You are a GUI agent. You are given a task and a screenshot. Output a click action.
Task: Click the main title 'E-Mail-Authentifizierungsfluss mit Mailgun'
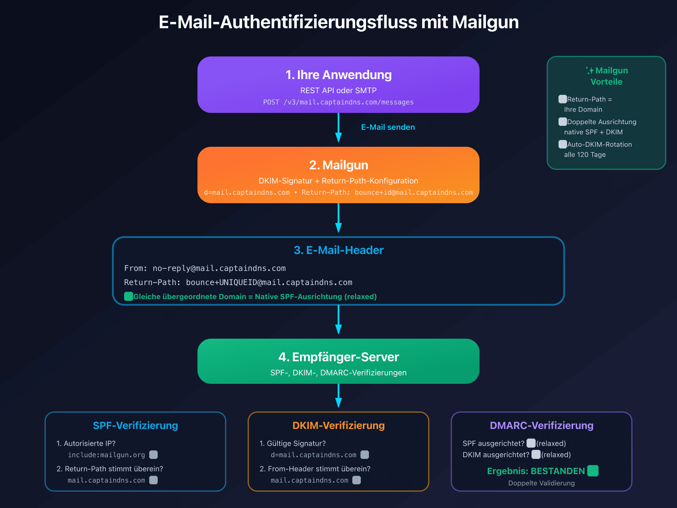point(338,22)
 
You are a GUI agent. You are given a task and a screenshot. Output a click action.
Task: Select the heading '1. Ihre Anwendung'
point(338,75)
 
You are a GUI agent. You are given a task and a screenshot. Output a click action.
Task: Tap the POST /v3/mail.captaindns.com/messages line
point(338,102)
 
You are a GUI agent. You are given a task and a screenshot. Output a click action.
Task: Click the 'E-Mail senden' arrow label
point(388,127)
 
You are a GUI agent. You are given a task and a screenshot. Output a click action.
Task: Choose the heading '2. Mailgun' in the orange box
point(338,165)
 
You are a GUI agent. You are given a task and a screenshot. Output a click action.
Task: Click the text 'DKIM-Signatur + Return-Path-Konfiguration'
point(338,181)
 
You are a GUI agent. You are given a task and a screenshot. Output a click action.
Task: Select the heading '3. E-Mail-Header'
point(338,250)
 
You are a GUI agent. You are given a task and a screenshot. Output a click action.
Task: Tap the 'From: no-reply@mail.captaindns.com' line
point(205,268)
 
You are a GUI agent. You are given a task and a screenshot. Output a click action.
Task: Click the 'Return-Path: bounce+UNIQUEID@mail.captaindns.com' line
point(238,283)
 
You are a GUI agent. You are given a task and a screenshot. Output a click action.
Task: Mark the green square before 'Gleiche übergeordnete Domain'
point(129,296)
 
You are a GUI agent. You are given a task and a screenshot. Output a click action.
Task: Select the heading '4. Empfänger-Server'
point(338,357)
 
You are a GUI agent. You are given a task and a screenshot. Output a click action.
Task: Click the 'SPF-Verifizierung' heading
point(135,425)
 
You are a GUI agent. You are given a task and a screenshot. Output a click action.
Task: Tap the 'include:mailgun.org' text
point(106,455)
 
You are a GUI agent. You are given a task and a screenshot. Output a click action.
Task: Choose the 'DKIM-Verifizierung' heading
point(338,425)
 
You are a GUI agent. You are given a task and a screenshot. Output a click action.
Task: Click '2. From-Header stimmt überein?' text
point(315,469)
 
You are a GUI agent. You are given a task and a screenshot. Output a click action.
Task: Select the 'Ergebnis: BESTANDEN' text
point(536,471)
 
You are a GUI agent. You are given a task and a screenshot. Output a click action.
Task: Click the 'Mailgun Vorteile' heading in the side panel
point(607,76)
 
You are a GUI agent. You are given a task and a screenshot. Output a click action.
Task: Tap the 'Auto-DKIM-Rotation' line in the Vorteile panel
point(599,145)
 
